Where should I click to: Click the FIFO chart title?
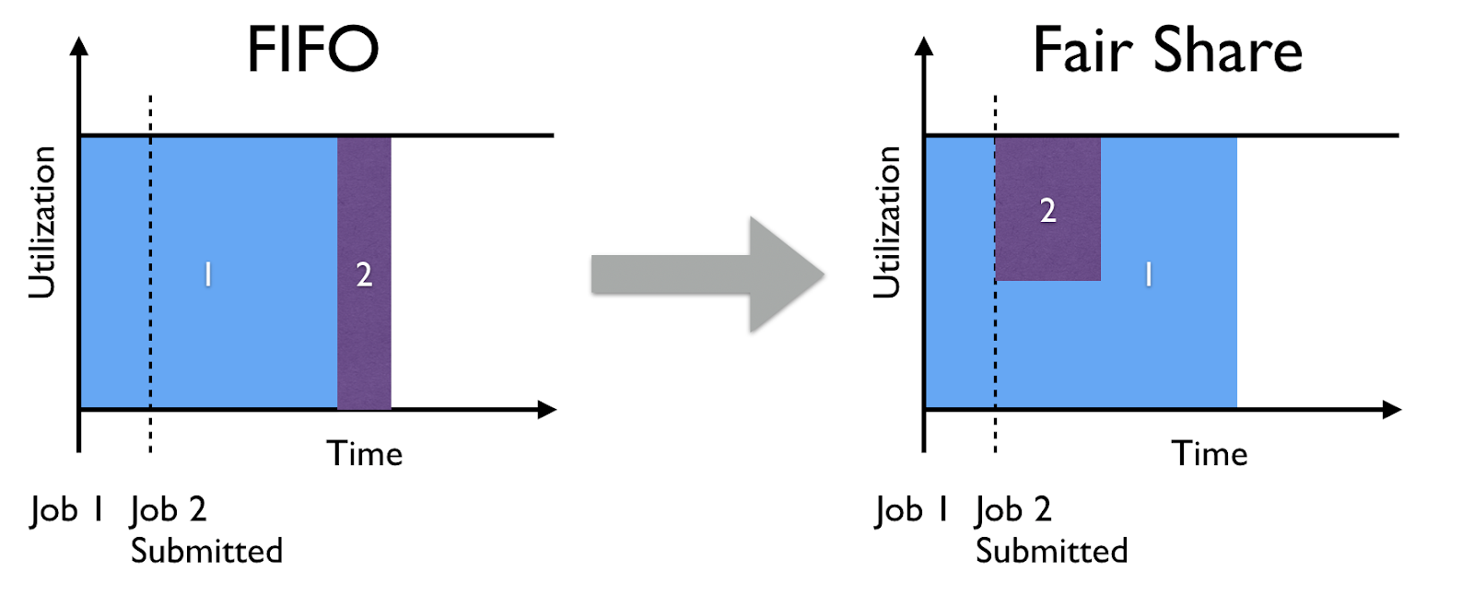[312, 49]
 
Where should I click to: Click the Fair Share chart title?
[1167, 50]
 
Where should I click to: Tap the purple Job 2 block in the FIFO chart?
[364, 274]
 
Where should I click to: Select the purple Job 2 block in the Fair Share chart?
[1047, 209]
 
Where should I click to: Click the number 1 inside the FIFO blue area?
[208, 274]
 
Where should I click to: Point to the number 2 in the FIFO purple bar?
[364, 274]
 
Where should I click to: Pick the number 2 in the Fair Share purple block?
[1047, 211]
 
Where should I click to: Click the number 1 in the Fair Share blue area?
[1148, 274]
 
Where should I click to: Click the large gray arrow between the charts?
[708, 274]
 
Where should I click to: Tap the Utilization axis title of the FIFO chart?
[42, 223]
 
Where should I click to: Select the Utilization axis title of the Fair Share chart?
[886, 223]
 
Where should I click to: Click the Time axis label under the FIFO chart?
[365, 453]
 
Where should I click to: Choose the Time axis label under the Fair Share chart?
[1210, 453]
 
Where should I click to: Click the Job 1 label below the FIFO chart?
[66, 511]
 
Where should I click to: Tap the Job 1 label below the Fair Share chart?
[911, 511]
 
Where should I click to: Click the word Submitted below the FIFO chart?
[206, 551]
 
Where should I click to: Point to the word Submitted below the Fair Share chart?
[1051, 551]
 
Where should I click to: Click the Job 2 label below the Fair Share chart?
[1013, 511]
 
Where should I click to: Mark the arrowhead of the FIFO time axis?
[547, 409]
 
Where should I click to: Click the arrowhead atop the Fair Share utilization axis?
[924, 46]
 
